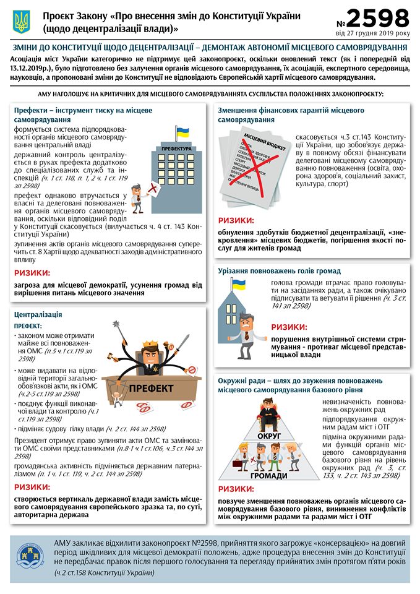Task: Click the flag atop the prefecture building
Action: tap(182, 132)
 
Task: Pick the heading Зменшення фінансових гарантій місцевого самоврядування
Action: tap(291, 114)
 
